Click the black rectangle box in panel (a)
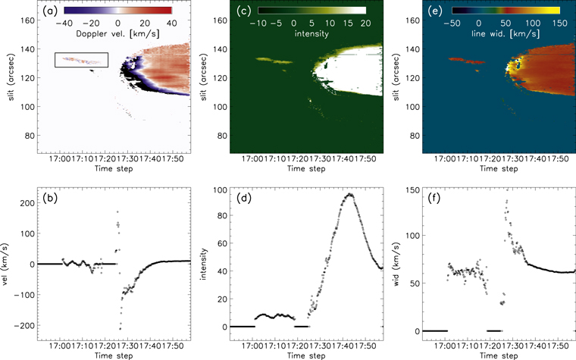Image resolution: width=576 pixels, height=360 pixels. click(81, 60)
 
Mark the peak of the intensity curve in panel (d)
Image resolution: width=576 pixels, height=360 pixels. click(349, 194)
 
